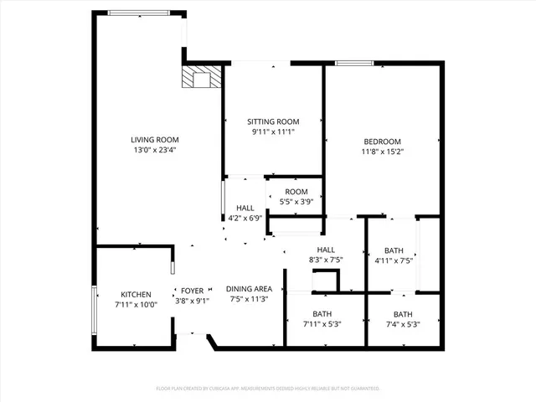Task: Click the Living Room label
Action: [154, 139]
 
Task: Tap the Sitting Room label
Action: [272, 121]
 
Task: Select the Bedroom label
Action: [382, 141]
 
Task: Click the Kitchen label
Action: [136, 294]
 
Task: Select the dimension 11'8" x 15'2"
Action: [382, 152]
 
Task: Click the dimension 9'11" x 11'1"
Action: [272, 131]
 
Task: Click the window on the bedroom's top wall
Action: [354, 63]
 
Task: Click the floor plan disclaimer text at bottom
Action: [268, 389]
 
